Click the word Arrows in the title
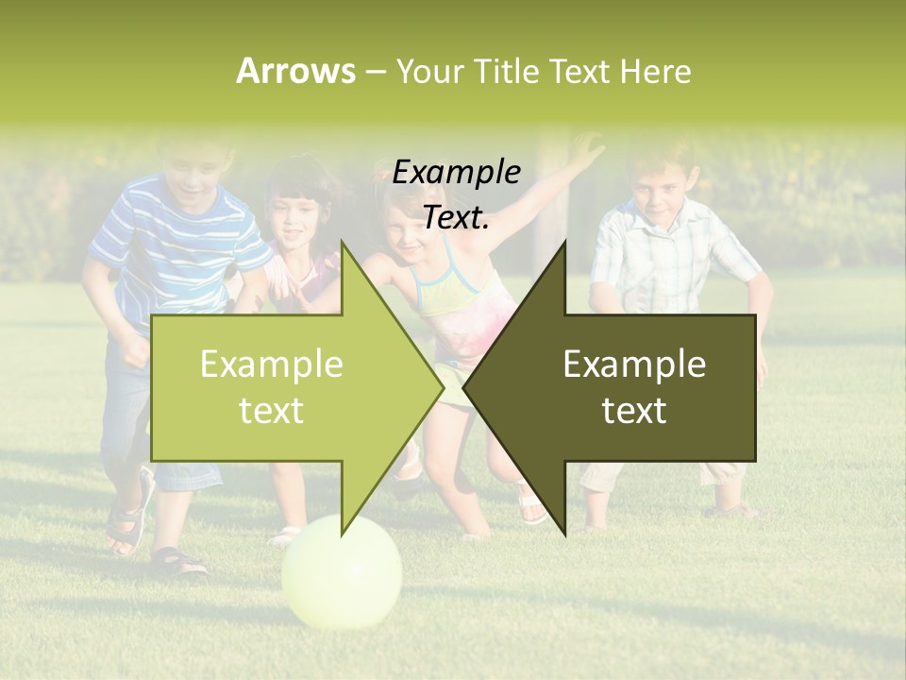295,71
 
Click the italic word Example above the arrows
456,172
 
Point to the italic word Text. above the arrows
456,217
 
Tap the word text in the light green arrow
271,411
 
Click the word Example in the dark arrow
634,365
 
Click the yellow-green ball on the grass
342,571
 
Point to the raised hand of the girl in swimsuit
587,149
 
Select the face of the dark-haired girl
295,219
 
